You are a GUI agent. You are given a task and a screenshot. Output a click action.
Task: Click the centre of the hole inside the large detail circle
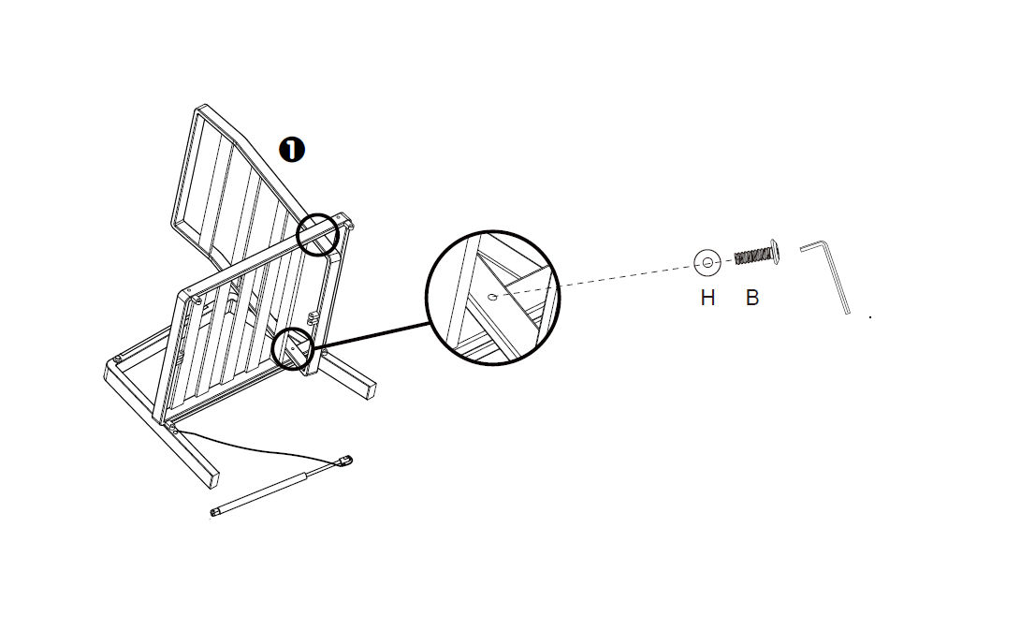pyautogui.click(x=491, y=297)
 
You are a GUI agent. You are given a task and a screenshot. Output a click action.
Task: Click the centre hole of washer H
pyautogui.click(x=707, y=263)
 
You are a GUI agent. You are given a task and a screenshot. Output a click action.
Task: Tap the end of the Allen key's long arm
pyautogui.click(x=848, y=313)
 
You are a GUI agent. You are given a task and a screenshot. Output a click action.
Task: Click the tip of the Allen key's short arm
pyautogui.click(x=802, y=249)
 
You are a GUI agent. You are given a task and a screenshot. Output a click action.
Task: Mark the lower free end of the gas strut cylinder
pyautogui.click(x=213, y=512)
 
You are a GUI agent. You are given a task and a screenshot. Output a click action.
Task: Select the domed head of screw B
pyautogui.click(x=775, y=253)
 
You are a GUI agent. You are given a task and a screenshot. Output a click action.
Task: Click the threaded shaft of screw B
pyautogui.click(x=752, y=256)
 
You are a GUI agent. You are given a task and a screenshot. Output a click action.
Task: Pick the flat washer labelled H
pyautogui.click(x=707, y=263)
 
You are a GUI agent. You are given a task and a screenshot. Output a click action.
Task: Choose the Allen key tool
pyautogui.click(x=825, y=276)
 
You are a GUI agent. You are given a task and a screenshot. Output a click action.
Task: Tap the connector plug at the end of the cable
pyautogui.click(x=344, y=461)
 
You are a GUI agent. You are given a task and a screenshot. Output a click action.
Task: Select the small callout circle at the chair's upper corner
pyautogui.click(x=317, y=234)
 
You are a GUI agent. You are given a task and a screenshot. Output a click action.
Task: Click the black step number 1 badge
pyautogui.click(x=292, y=150)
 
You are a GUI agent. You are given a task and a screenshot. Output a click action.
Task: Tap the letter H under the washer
pyautogui.click(x=707, y=298)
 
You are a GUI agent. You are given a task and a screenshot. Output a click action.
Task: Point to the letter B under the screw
pyautogui.click(x=751, y=298)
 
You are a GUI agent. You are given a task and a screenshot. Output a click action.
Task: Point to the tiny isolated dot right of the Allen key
pyautogui.click(x=870, y=317)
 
